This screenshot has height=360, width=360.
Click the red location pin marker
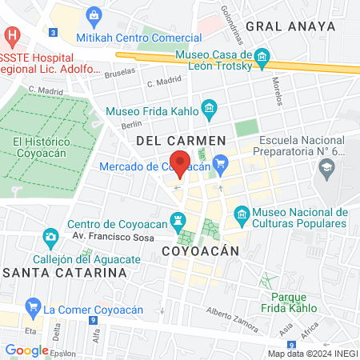click(181, 163)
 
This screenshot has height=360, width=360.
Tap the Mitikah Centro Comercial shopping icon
click(95, 15)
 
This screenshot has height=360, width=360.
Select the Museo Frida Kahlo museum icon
click(209, 106)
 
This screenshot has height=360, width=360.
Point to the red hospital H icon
click(11, 36)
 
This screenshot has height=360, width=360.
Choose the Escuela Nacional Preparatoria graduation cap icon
click(326, 167)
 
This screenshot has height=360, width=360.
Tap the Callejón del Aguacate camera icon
click(50, 238)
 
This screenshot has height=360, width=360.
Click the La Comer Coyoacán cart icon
click(33, 306)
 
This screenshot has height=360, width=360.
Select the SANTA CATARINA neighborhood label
click(64, 272)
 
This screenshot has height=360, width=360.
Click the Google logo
click(26, 350)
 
